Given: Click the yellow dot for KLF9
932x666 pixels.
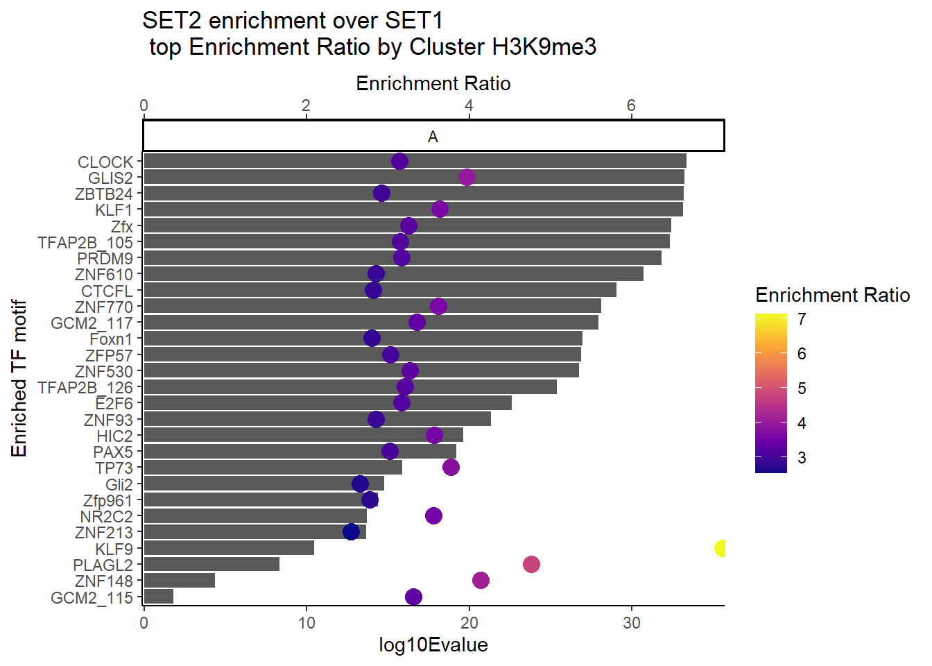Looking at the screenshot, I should pos(720,548).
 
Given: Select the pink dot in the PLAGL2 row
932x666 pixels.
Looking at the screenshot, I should pos(531,564).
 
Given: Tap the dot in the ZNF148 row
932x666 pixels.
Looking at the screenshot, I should pos(481,580).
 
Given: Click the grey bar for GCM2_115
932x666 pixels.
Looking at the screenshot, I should pos(158,597).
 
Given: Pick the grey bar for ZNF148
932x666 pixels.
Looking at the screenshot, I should pos(179,581).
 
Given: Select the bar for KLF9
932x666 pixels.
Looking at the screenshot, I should pos(228,548).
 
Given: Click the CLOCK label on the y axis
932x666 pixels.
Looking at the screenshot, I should pos(105,162).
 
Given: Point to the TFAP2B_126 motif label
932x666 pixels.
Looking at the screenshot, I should pos(85,387).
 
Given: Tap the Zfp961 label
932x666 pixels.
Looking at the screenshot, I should pos(107,500).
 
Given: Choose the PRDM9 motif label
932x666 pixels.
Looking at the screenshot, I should pos(105,258).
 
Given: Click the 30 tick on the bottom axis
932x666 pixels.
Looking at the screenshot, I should pos(632,622).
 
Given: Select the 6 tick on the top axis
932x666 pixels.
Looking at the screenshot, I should pos(631,105).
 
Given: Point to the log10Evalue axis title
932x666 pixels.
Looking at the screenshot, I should pos(433,645).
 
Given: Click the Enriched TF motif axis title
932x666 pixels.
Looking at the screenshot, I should pos(19,378).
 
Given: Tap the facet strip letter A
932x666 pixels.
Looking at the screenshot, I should pos(433,137).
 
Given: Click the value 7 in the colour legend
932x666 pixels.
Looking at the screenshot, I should pos(802,319).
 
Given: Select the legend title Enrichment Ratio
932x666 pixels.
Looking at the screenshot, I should pos(832,296).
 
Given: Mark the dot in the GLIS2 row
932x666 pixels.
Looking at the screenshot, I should pos(467,177).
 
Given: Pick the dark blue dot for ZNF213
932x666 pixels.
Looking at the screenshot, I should pos(352,531).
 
